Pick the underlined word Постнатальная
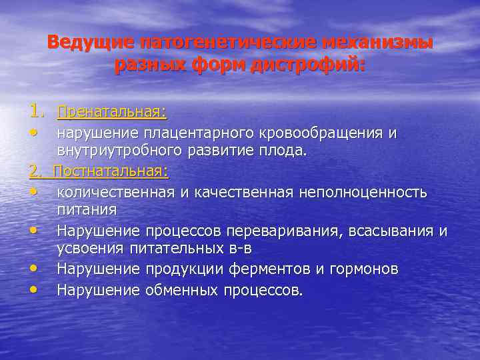point(111,172)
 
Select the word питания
point(87,209)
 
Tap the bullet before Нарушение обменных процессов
point(34,290)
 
